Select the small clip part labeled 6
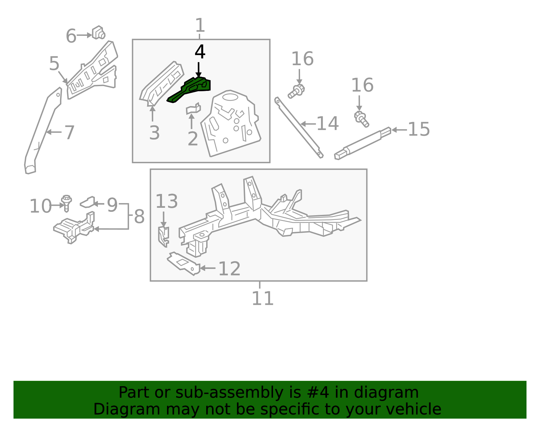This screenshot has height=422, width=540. pyautogui.click(x=99, y=32)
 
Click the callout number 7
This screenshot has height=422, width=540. pyautogui.click(x=69, y=132)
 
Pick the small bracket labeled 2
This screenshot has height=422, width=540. pyautogui.click(x=193, y=109)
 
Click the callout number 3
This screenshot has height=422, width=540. pyautogui.click(x=154, y=133)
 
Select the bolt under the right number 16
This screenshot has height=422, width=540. pyautogui.click(x=361, y=119)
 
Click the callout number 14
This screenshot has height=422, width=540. pyautogui.click(x=327, y=124)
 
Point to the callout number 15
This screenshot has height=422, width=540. pyautogui.click(x=419, y=129)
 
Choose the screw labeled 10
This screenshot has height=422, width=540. pyautogui.click(x=66, y=203)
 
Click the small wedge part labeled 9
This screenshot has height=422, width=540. pyautogui.click(x=87, y=202)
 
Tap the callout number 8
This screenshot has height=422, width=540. pyautogui.click(x=139, y=216)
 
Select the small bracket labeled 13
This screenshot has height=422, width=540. pyautogui.click(x=163, y=237)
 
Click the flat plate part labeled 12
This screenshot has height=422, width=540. pyautogui.click(x=183, y=264)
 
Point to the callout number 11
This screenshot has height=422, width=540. pyautogui.click(x=263, y=298)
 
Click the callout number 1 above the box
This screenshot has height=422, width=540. pyautogui.click(x=200, y=25)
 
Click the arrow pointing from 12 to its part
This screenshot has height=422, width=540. pyautogui.click(x=208, y=268)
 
